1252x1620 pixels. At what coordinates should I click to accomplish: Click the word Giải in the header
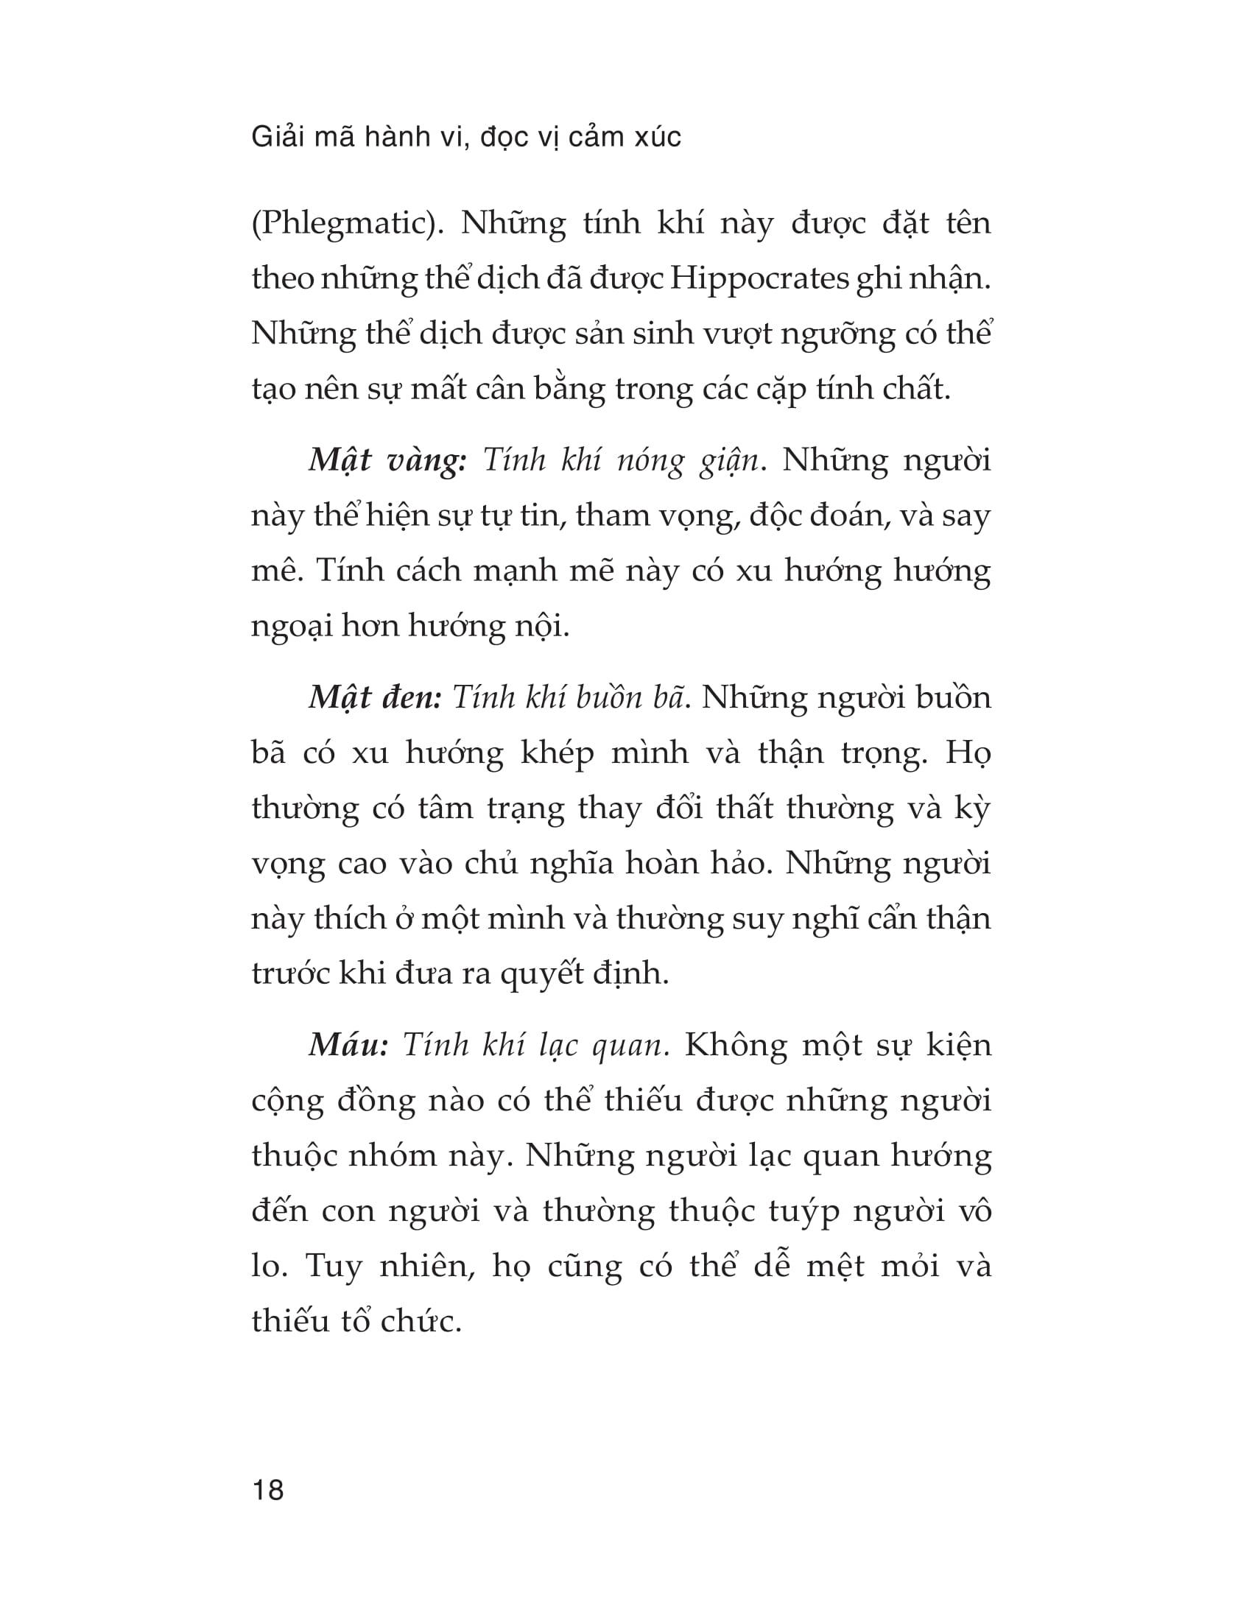coord(275,137)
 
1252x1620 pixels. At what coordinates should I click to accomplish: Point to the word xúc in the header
coord(656,137)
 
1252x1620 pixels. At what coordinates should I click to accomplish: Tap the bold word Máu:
coord(348,1045)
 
